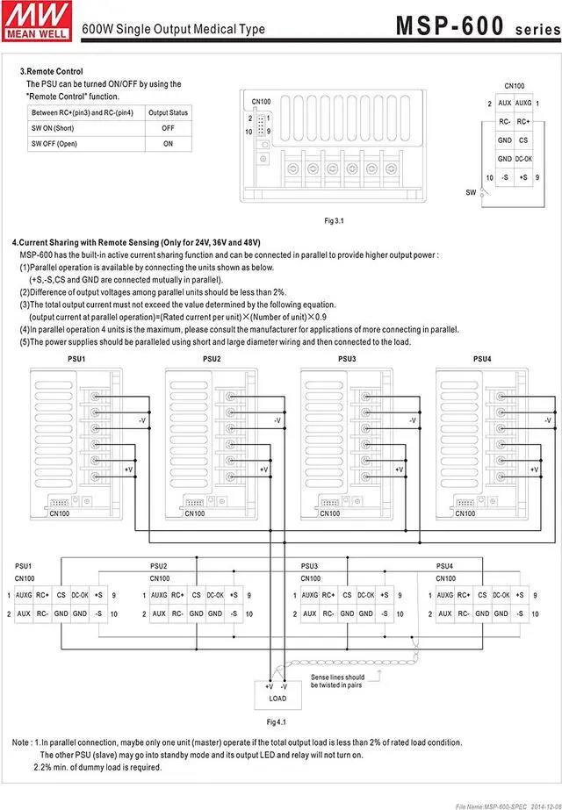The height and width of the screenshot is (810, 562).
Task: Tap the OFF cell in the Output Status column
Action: click(168, 127)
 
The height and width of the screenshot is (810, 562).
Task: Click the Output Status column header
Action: click(168, 112)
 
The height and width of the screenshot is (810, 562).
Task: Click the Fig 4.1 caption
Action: click(277, 721)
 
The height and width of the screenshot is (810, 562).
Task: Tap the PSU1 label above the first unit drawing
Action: click(76, 359)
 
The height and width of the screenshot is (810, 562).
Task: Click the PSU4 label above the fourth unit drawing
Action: click(482, 359)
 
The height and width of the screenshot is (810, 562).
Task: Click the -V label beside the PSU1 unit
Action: click(141, 422)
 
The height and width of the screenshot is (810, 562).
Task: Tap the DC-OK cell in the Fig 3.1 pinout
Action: click(523, 159)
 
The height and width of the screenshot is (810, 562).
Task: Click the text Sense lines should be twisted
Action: click(337, 681)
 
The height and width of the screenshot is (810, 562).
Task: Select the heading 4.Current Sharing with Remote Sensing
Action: click(136, 242)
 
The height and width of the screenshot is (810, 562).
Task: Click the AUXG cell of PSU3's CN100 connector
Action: click(310, 595)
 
